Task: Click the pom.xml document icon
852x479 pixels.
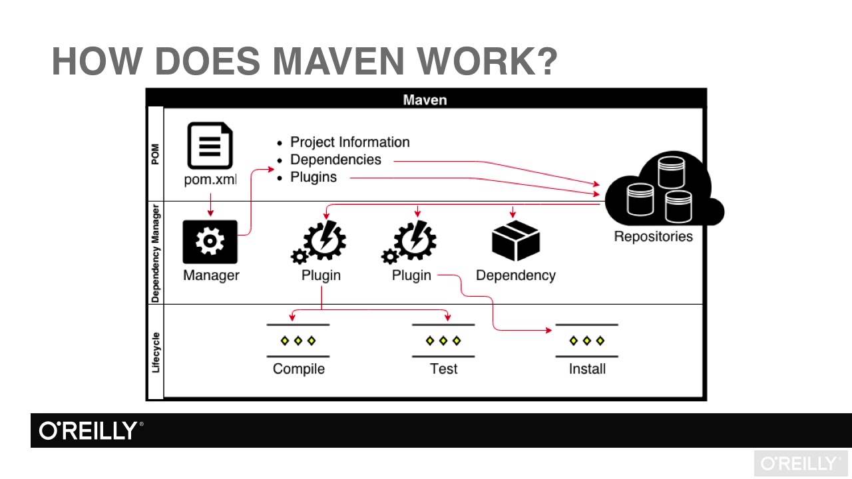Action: tap(210, 145)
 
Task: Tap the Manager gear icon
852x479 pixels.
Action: tap(210, 241)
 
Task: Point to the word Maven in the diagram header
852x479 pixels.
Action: tap(425, 100)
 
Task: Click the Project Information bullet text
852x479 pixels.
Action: tap(349, 142)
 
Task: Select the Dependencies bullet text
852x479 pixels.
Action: tap(335, 160)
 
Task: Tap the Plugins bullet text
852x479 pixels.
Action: tap(314, 177)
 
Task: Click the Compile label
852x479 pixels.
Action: tap(299, 369)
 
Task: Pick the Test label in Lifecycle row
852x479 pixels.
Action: tap(443, 369)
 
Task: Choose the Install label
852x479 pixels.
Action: tap(587, 369)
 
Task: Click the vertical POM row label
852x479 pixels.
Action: tap(155, 154)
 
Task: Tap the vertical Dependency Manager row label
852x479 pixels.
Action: tap(155, 253)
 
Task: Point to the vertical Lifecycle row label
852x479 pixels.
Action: tap(155, 352)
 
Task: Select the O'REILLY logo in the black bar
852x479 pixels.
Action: tap(91, 430)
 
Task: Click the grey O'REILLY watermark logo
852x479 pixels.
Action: tap(801, 464)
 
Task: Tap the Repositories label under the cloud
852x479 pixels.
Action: tap(653, 236)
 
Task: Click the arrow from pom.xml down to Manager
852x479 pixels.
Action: tap(210, 205)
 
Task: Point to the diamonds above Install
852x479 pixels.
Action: tap(586, 341)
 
